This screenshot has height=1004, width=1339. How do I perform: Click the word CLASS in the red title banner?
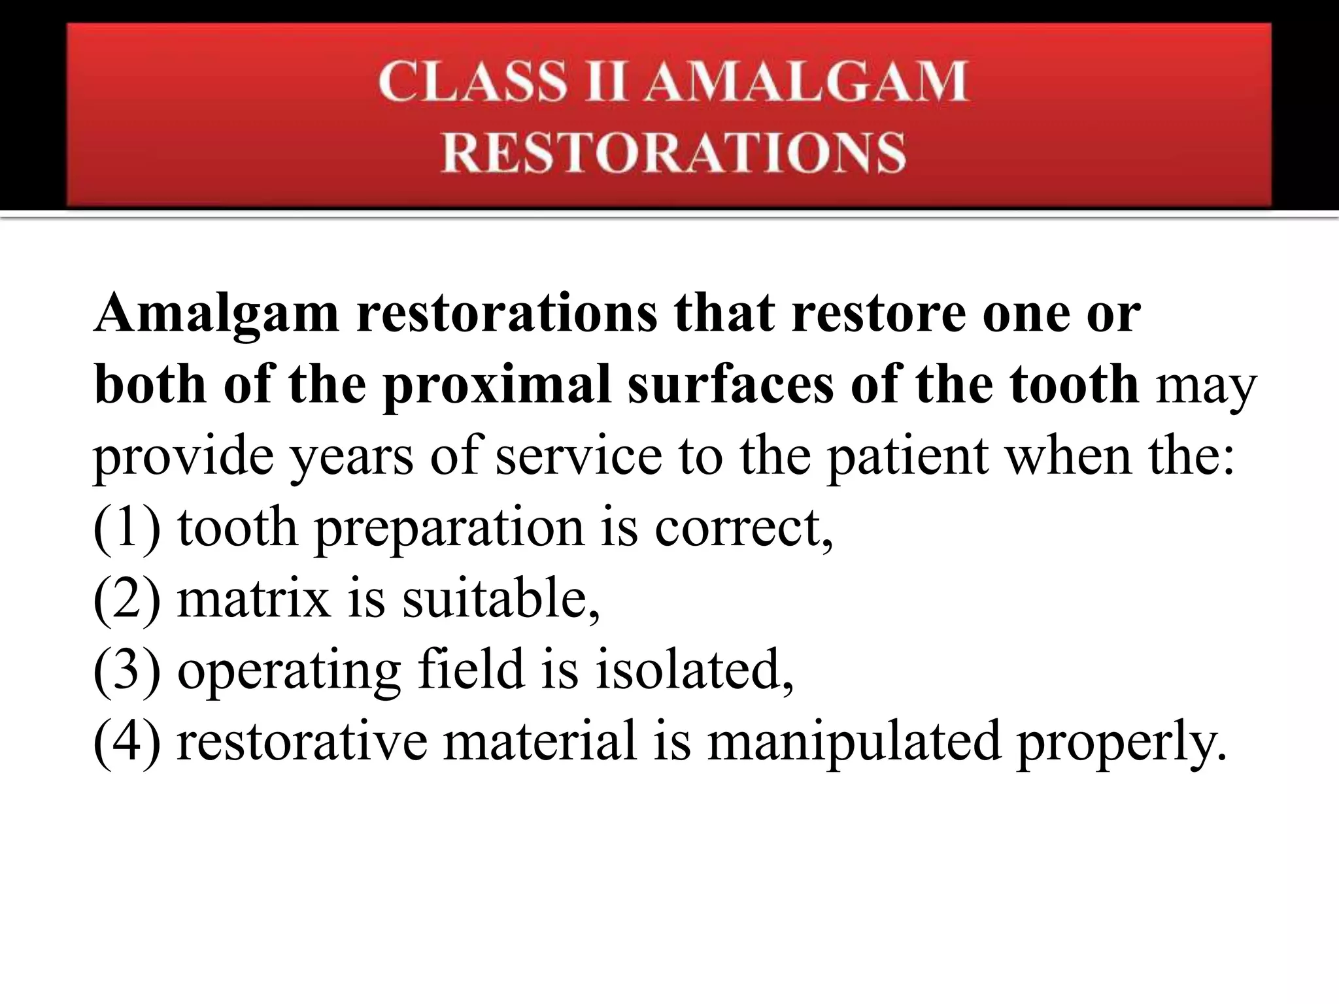471,82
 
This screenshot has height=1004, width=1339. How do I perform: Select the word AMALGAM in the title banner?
805,82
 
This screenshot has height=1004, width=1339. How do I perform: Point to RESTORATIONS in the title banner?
673,152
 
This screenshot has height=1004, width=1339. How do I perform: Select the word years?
352,457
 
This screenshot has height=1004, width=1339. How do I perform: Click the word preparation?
449,529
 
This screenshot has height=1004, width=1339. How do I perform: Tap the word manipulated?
854,743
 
